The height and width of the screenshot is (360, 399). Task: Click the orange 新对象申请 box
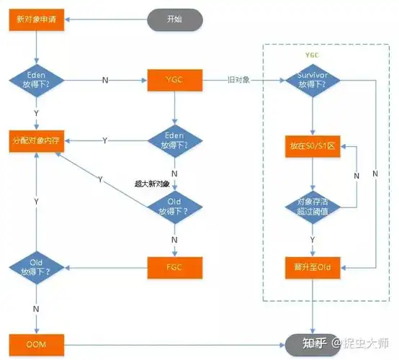[x=36, y=18]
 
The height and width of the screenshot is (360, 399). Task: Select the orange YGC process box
[x=174, y=78]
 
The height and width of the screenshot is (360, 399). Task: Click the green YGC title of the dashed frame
[x=312, y=55]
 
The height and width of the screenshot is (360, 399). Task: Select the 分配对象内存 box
[x=36, y=138]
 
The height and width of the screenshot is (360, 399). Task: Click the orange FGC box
[x=174, y=268]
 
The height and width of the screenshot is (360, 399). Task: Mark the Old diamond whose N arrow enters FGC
[x=174, y=207]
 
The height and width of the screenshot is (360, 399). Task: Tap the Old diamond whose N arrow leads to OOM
[x=36, y=269]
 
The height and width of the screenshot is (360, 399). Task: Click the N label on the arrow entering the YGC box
[x=106, y=78]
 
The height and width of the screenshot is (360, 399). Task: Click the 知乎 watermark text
[x=315, y=343]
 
